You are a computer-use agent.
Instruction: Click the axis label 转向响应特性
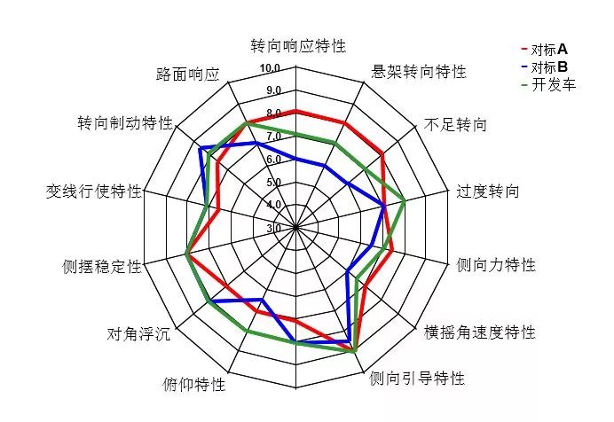[298, 46]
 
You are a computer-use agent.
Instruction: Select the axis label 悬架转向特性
[419, 72]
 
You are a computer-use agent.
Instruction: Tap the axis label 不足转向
[455, 125]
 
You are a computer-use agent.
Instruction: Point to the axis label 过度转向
[488, 191]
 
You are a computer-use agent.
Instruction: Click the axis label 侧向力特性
[496, 265]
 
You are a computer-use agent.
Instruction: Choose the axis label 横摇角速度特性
[480, 332]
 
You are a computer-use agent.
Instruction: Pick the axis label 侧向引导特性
[417, 379]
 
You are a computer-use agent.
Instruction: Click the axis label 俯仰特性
[194, 385]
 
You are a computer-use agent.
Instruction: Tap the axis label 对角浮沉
[138, 334]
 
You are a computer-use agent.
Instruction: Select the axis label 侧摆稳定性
[102, 267]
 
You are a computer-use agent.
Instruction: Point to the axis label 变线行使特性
[93, 191]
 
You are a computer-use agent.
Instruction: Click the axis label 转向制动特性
[125, 123]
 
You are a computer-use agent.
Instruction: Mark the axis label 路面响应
[187, 74]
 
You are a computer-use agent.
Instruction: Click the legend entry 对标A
[545, 50]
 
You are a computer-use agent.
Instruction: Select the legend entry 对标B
[545, 67]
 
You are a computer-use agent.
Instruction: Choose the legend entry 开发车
[549, 85]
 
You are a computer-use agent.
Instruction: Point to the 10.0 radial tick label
[271, 68]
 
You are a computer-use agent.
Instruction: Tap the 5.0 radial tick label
[274, 182]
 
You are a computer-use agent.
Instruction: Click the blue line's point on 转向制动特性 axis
[201, 148]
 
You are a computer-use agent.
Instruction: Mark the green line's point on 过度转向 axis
[404, 201]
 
